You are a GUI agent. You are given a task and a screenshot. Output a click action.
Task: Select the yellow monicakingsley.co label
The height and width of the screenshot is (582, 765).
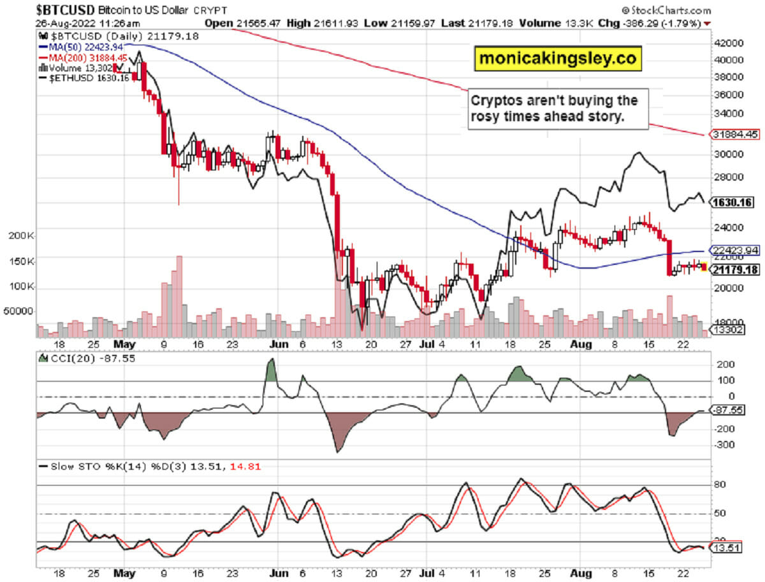click(557, 58)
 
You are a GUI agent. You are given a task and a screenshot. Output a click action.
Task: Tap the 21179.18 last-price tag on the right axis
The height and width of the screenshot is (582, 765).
click(734, 270)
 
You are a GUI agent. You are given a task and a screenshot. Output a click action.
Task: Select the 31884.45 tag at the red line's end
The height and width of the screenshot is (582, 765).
click(734, 135)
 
